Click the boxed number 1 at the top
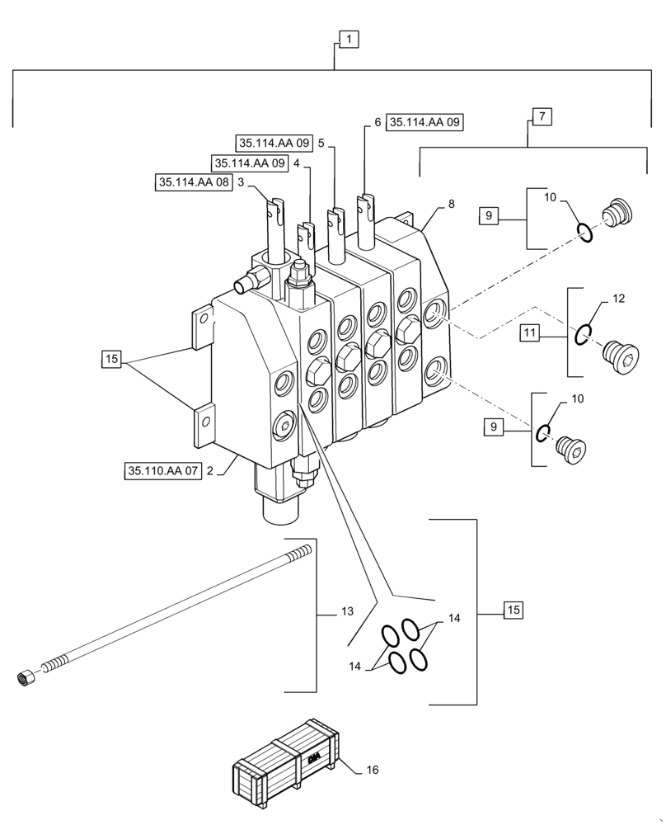[x=349, y=39]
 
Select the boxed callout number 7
[x=541, y=116]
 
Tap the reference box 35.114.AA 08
[x=194, y=183]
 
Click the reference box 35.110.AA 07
[x=162, y=472]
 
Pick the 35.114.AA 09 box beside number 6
[x=424, y=122]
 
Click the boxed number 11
[x=531, y=332]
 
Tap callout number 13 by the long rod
[x=346, y=612]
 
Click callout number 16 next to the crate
[x=372, y=770]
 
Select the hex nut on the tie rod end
[x=24, y=678]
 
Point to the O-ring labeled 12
[x=583, y=333]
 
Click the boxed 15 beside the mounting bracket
[x=112, y=359]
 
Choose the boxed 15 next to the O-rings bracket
[x=512, y=610]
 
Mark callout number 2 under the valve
[x=211, y=472]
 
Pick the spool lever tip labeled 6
[x=366, y=207]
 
